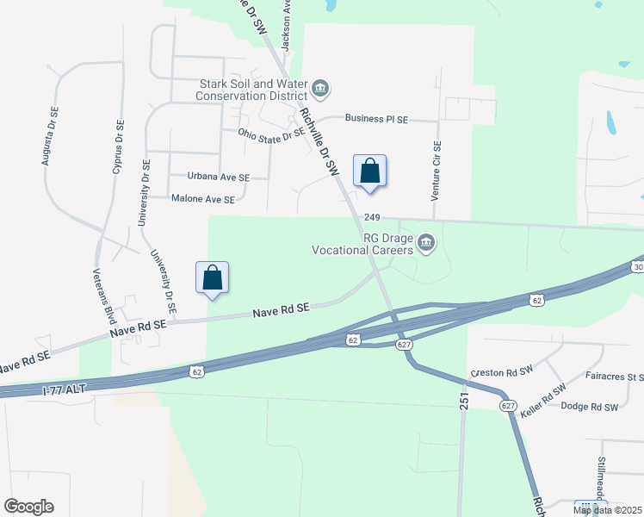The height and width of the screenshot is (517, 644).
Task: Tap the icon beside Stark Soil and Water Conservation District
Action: tap(320, 88)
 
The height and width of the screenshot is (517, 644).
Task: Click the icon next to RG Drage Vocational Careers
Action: tap(426, 246)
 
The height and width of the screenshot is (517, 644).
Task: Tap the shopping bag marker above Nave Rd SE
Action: tap(213, 277)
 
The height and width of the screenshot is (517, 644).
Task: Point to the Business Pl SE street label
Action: tap(376, 119)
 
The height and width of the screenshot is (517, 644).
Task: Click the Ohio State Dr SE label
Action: tap(271, 134)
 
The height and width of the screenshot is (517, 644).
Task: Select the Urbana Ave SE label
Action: tap(219, 177)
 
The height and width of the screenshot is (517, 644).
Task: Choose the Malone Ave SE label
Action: tap(203, 199)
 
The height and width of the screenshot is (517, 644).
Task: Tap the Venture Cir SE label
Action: tap(437, 171)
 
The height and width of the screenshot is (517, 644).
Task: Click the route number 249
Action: tap(372, 218)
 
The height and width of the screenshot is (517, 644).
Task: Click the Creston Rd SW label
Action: tap(502, 373)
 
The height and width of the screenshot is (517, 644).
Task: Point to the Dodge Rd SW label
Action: tap(590, 407)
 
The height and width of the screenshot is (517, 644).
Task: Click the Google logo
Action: tap(28, 506)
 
